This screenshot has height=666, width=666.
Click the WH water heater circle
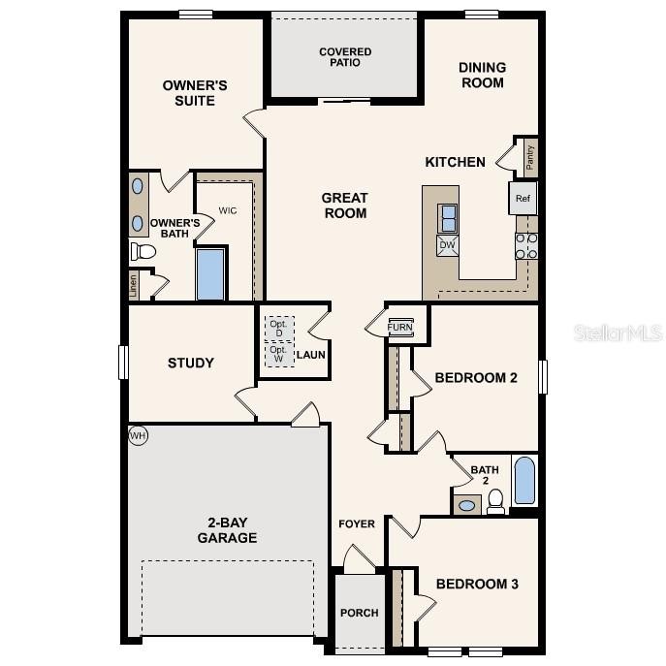tap(138, 436)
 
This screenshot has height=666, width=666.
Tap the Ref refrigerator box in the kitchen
tap(523, 199)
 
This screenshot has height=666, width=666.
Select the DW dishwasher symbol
tap(448, 245)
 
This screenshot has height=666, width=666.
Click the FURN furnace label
tap(399, 328)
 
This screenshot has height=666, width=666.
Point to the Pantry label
tap(529, 157)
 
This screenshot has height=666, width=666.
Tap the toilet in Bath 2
tap(495, 500)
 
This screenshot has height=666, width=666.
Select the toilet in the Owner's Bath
tap(143, 252)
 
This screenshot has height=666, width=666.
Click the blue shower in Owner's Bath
tap(210, 274)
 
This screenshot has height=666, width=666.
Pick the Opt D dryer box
tap(278, 328)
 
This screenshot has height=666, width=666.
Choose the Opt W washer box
tap(278, 353)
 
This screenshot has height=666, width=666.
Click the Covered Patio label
tap(345, 57)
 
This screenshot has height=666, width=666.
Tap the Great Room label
tap(345, 206)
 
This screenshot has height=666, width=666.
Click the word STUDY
tap(191, 364)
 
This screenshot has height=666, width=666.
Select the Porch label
tap(359, 613)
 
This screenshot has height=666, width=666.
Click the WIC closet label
tap(228, 210)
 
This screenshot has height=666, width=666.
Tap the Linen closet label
tap(133, 285)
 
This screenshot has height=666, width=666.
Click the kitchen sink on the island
tap(448, 218)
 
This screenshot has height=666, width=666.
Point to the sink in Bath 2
tap(466, 505)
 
